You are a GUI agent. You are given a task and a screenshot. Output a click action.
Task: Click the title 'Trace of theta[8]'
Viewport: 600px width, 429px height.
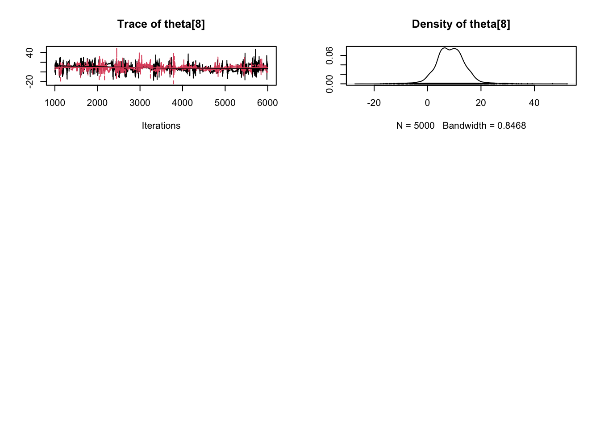click(161, 24)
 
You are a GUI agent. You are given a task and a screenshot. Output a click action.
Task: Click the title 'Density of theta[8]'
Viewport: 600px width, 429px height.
click(461, 24)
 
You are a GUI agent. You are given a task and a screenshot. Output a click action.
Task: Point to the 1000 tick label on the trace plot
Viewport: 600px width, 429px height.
click(55, 103)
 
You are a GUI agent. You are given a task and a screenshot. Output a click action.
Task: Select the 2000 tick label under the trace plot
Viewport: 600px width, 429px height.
click(97, 103)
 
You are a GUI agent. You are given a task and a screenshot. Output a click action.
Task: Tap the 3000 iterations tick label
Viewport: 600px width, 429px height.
click(140, 103)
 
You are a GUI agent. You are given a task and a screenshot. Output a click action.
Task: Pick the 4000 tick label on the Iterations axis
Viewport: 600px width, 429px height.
click(182, 103)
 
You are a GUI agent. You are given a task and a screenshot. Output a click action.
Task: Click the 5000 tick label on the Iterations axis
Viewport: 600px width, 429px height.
click(225, 103)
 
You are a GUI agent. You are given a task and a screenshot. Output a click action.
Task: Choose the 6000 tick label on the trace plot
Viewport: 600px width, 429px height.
click(267, 103)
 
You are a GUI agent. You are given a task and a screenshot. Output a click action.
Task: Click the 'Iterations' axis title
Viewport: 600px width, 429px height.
click(161, 126)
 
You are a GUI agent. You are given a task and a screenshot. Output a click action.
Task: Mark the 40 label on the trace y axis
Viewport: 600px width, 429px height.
click(29, 53)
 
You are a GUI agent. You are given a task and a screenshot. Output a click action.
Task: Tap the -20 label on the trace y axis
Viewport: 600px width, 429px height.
click(29, 81)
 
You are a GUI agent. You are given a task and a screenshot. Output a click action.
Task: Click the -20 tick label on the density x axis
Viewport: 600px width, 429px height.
click(374, 103)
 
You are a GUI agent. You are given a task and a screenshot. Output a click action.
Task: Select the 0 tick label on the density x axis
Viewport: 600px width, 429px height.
click(427, 103)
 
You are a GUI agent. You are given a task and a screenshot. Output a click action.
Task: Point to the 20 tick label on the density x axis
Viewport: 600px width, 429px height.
click(480, 103)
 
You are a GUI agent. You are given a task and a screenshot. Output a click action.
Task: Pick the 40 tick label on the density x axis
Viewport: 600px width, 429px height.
click(534, 103)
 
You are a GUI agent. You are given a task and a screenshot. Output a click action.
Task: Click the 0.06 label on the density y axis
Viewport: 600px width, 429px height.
click(329, 55)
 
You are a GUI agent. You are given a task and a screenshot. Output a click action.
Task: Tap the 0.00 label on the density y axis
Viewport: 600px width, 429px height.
click(329, 84)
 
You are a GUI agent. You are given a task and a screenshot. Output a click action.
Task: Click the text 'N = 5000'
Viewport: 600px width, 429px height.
click(415, 126)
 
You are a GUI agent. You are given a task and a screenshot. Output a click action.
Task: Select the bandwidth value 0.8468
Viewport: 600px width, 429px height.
click(512, 126)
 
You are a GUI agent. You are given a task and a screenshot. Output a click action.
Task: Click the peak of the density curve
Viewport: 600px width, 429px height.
click(445, 48)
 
